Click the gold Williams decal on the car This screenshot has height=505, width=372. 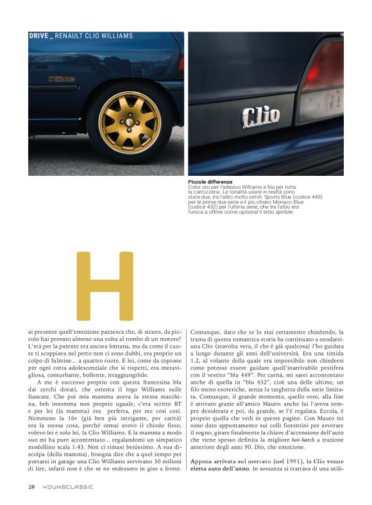[x=62, y=79]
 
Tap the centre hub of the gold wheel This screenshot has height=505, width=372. [x=130, y=119]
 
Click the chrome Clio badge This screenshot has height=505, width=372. [x=261, y=116]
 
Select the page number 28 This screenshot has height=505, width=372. [x=31, y=486]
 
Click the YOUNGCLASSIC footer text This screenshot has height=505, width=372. [x=64, y=486]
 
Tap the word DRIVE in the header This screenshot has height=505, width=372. [x=38, y=36]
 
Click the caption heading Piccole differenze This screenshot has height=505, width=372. [x=210, y=182]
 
